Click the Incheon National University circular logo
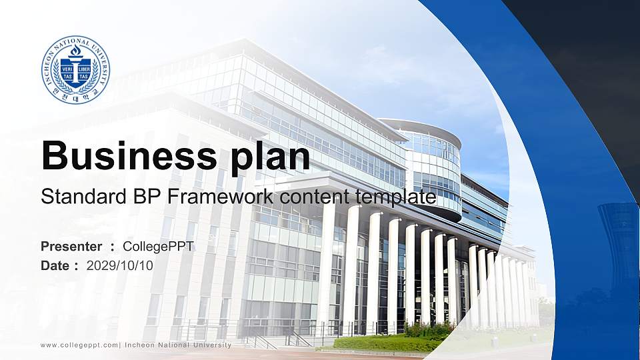click(x=75, y=70)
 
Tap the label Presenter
click(x=71, y=247)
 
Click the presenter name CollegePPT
click(x=159, y=247)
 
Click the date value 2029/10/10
click(x=120, y=265)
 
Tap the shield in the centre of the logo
click(x=75, y=72)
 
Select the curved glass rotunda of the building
click(x=433, y=167)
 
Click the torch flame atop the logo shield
click(x=75, y=51)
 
